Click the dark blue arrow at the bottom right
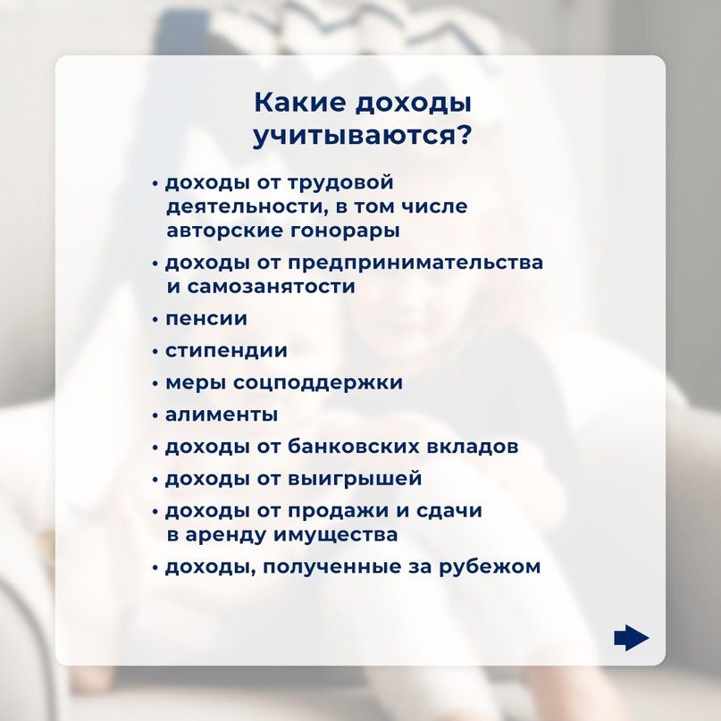point(631,638)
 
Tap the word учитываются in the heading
point(349,136)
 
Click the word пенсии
point(206,319)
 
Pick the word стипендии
point(226,351)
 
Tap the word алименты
point(222,415)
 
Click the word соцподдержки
point(318,383)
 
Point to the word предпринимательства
point(415,263)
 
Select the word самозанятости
point(272,287)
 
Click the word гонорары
point(343,231)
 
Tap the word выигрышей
point(355,479)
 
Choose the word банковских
point(354,447)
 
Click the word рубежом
point(490,566)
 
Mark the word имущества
point(336,535)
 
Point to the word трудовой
point(340,183)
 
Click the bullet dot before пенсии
point(155,320)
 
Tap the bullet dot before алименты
point(155,416)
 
